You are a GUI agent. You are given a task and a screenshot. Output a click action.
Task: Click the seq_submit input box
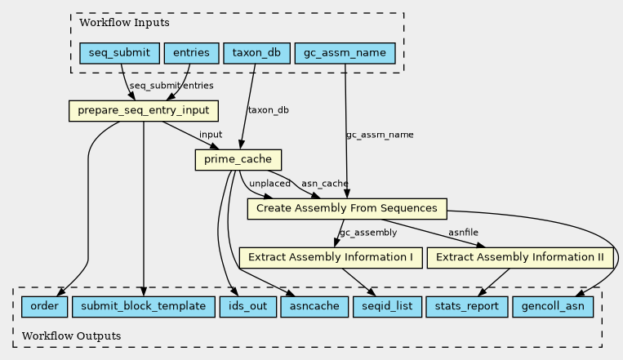[119, 53]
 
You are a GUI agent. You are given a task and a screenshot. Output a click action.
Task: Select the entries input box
[192, 53]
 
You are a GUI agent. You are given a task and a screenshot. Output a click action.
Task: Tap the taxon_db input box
[256, 53]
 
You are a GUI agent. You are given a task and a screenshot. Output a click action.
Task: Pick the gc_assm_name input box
[345, 53]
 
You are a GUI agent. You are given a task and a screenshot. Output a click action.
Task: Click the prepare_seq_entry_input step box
[144, 111]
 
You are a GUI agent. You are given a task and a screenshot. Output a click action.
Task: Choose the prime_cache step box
[238, 160]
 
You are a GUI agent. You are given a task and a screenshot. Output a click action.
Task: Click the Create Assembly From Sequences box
[347, 209]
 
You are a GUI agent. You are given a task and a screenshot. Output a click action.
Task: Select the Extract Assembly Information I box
[331, 258]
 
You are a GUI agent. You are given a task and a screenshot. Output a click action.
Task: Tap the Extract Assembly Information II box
[520, 258]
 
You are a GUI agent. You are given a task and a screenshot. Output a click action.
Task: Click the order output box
[44, 307]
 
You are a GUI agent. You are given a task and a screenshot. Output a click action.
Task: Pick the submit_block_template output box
[144, 307]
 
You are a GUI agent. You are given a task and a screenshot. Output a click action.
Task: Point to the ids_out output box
[248, 307]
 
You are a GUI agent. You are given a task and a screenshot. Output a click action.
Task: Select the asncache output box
[314, 307]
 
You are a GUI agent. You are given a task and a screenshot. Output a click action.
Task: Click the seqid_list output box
[387, 307]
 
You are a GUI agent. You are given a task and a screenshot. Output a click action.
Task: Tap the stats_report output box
[467, 307]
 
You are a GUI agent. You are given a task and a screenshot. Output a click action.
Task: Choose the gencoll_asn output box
[553, 307]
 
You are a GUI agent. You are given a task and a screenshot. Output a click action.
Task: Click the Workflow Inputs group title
[124, 23]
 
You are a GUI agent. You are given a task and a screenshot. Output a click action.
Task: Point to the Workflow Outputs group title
[72, 336]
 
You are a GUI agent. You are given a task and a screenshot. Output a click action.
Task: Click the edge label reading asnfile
[463, 233]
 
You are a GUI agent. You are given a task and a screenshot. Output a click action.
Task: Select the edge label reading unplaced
[269, 184]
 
